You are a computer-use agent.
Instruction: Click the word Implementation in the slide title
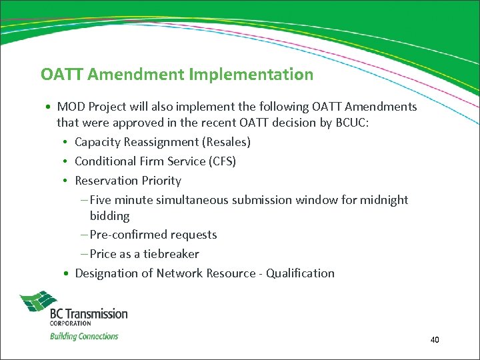click(x=251, y=75)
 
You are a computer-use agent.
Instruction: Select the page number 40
click(x=435, y=340)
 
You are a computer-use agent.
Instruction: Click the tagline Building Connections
click(x=84, y=336)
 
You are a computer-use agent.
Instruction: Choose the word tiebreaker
click(x=171, y=254)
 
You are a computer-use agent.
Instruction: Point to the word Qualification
click(x=300, y=273)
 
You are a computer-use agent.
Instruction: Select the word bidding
click(x=110, y=216)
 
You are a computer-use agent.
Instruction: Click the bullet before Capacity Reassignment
click(x=68, y=143)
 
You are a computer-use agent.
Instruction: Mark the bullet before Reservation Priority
click(x=68, y=181)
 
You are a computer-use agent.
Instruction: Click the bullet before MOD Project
click(x=50, y=107)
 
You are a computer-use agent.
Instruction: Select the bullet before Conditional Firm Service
click(x=68, y=162)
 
